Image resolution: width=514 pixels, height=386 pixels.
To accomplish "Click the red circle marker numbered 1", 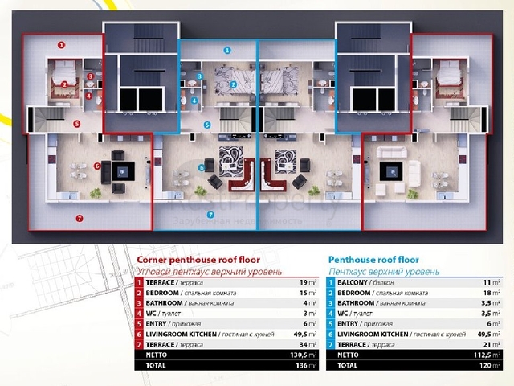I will coord(62,45).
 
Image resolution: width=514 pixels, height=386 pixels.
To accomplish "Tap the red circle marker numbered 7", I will coord(78,218).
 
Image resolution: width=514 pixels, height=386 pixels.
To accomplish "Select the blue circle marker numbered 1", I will coord(227,50).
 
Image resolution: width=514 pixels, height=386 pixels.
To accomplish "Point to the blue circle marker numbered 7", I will coord(210,215).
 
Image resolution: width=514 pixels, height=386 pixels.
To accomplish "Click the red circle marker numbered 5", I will coord(77,124).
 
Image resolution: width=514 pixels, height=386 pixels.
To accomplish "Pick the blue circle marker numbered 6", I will coord(202,168).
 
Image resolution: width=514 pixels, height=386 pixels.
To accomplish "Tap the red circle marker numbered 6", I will coord(97,166).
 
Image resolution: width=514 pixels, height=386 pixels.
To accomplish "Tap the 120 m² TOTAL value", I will coord(492,364).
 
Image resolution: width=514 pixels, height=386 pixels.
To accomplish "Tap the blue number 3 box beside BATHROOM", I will coord(331,303).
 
